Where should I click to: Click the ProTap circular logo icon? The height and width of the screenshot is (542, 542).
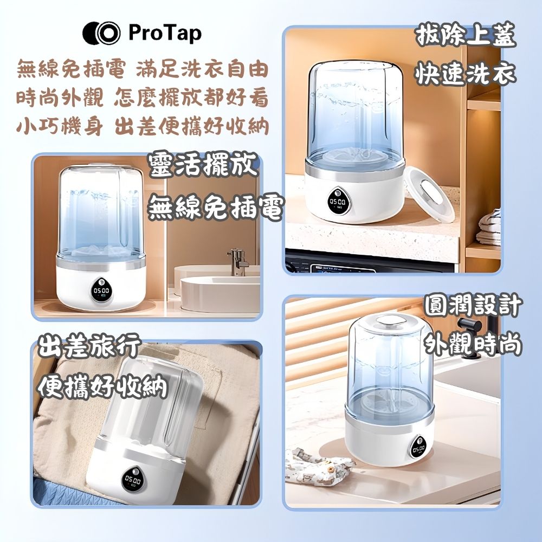(x=101, y=33)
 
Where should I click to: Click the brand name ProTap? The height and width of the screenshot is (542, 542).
(x=165, y=33)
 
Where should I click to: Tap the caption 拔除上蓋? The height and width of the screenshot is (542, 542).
(x=466, y=35)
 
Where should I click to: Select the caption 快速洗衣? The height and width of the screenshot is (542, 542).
(x=466, y=74)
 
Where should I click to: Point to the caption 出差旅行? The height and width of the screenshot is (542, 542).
(x=89, y=346)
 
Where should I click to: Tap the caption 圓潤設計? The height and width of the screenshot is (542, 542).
(x=473, y=305)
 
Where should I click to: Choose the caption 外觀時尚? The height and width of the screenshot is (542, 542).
(x=473, y=344)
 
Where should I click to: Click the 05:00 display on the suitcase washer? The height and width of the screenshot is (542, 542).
(x=133, y=480)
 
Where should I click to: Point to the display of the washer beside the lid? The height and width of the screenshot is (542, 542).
(x=337, y=202)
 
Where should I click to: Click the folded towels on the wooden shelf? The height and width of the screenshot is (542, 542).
(x=488, y=228)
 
